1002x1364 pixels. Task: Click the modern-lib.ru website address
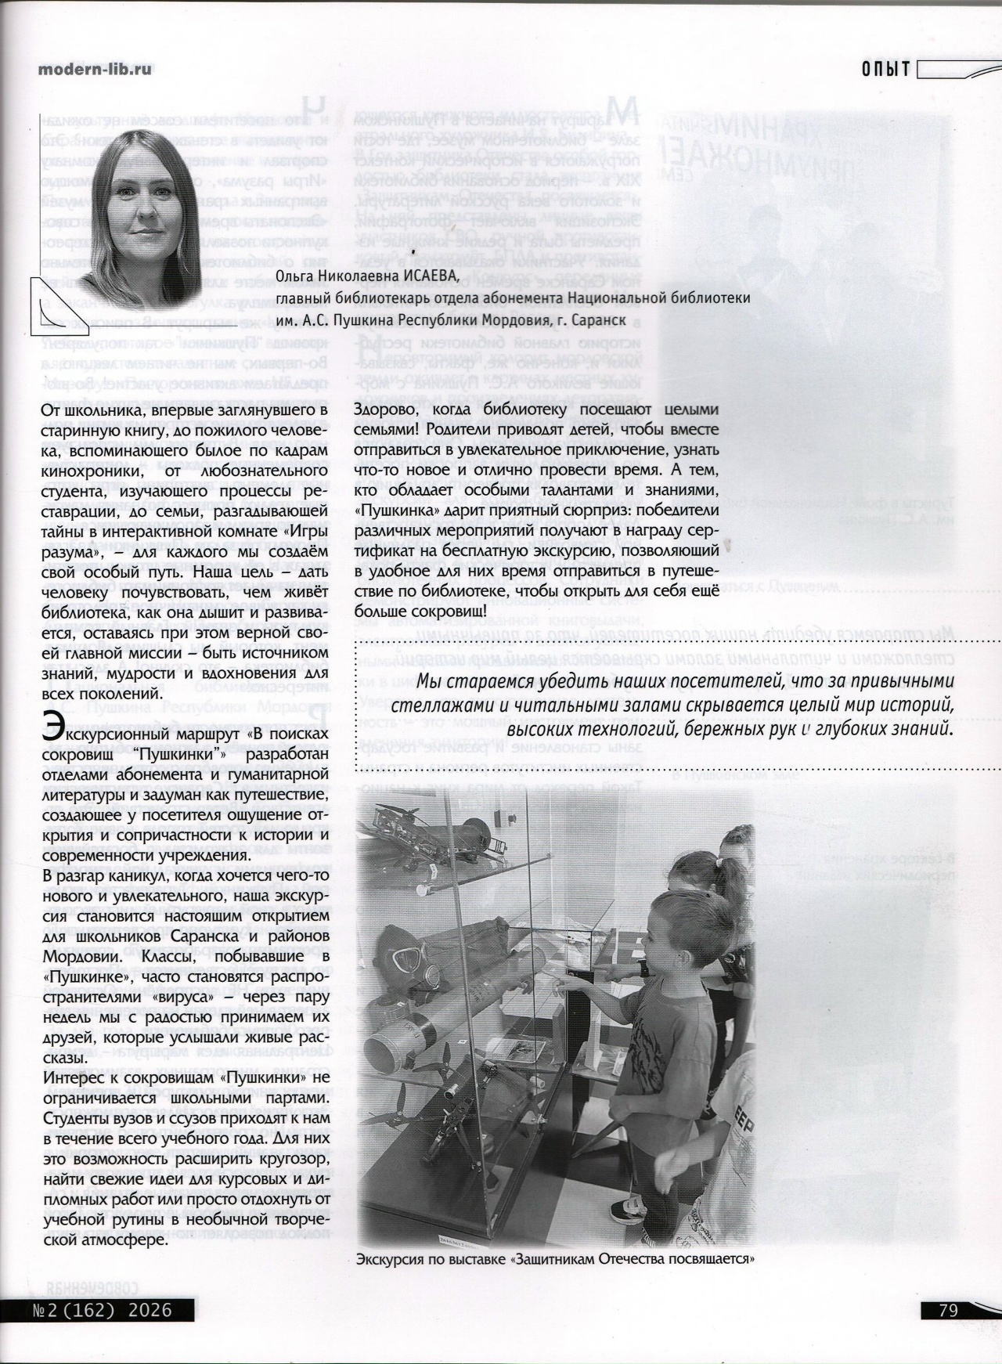pos(96,69)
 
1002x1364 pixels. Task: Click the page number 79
pos(948,1310)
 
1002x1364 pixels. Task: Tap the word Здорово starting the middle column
pos(384,410)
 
